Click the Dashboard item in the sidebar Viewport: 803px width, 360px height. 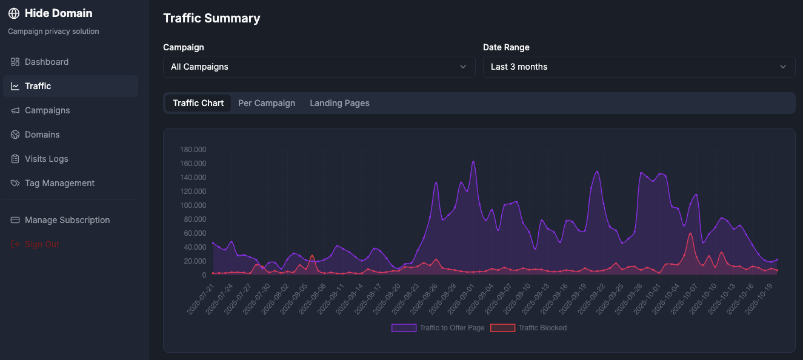coord(46,62)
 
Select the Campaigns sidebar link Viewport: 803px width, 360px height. coord(47,110)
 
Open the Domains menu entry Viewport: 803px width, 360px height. coord(42,135)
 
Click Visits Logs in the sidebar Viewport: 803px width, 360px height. coord(46,159)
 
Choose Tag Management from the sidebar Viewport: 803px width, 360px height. coord(59,183)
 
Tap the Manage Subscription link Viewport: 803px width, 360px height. coord(67,220)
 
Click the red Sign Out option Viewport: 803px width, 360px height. coord(42,244)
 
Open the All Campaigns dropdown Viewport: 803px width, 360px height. coord(319,67)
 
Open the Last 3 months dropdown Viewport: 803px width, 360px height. coord(639,67)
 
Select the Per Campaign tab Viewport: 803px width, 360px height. coord(267,103)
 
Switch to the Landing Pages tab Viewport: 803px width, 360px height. coord(339,103)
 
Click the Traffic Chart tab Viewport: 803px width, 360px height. coord(198,103)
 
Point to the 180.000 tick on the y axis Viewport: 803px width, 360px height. coord(193,150)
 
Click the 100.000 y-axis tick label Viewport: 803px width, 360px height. coord(193,205)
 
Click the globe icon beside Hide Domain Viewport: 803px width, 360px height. coord(14,13)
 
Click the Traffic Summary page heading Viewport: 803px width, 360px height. coord(212,18)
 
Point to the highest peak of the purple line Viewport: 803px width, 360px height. coord(473,161)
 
